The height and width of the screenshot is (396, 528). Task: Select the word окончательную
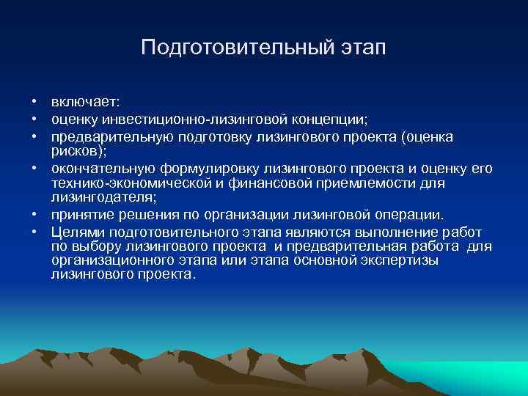pyautogui.click(x=94, y=169)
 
